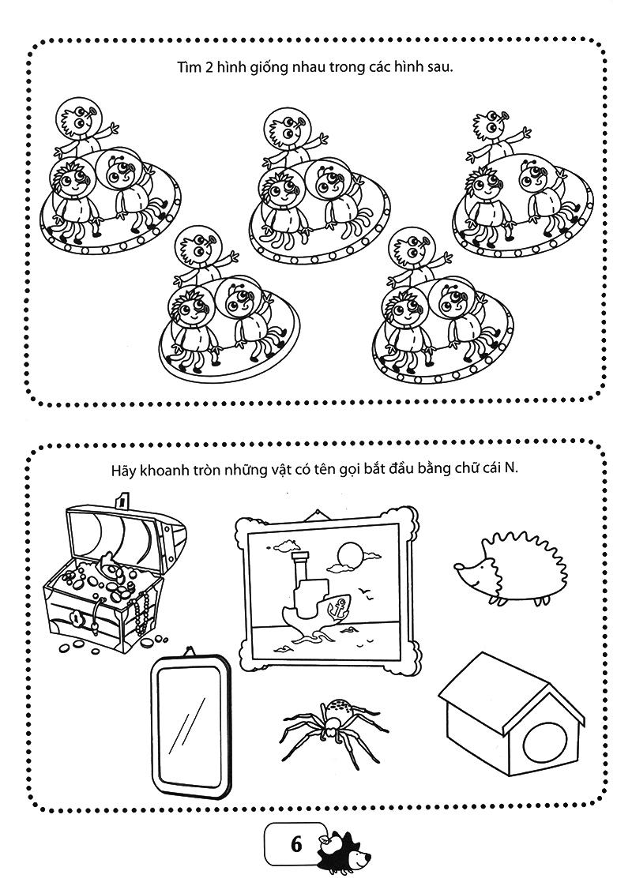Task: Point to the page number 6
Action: pyautogui.click(x=297, y=844)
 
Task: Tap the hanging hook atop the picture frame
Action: pyautogui.click(x=320, y=514)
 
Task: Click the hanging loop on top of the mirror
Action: pyautogui.click(x=191, y=652)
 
